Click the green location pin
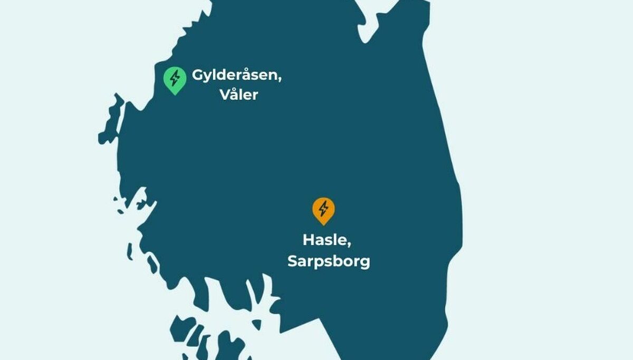tap(175, 79)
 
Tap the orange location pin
tap(323, 210)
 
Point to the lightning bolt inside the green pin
tap(175, 78)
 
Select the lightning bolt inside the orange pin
tap(323, 208)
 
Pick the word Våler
tap(239, 95)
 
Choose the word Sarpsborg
tap(329, 261)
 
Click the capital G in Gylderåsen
tap(198, 75)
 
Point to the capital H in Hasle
tap(309, 240)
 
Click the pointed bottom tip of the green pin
tap(175, 94)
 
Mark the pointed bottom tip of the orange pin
tap(323, 224)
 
